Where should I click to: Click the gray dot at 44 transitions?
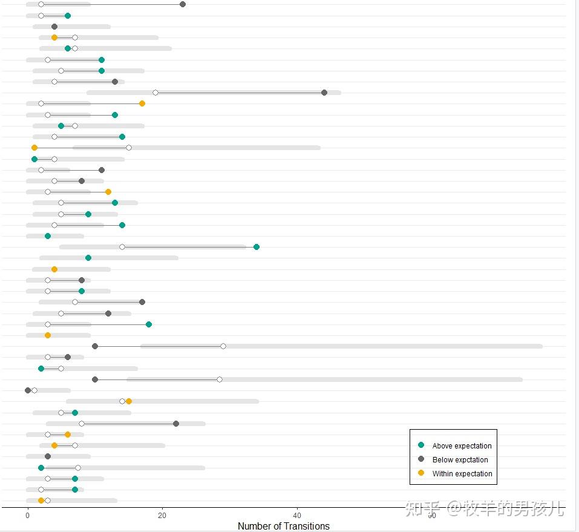324,93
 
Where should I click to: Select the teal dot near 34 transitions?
257,247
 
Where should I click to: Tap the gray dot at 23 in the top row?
183,5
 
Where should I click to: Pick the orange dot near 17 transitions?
142,103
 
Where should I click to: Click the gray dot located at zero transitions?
28,390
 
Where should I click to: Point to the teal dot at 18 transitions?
149,324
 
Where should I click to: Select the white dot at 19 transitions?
155,93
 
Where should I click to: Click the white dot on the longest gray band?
223,346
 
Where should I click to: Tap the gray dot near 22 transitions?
176,424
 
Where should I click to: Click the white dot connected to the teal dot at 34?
122,247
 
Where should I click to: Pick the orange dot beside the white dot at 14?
129,401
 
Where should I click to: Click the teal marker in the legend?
421,445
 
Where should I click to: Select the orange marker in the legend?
421,473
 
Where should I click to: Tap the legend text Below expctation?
460,460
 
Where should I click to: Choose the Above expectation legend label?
462,446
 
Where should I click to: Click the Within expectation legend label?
462,474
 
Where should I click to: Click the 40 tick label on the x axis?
297,515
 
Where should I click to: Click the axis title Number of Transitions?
284,526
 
